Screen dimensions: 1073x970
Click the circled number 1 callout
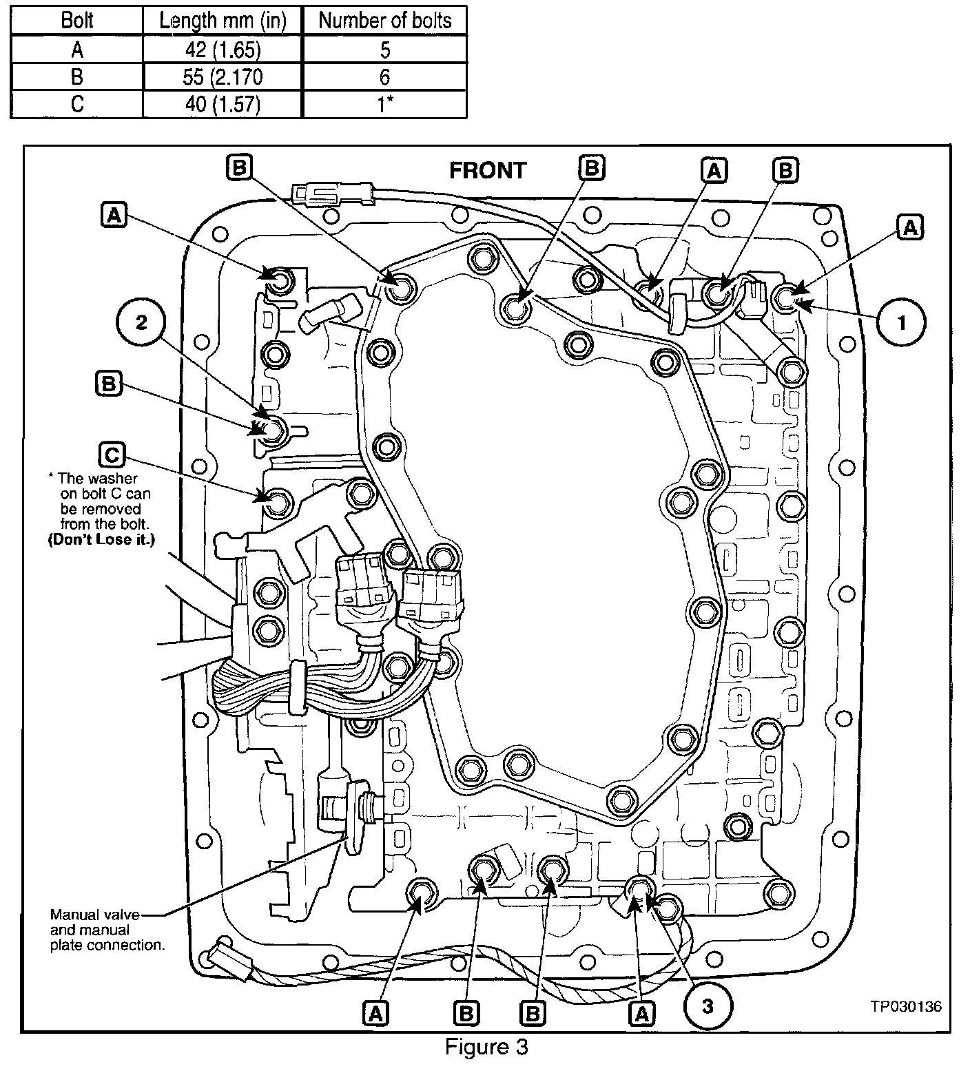point(902,322)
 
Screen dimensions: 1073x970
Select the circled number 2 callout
point(141,322)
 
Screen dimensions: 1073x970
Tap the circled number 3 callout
point(708,1006)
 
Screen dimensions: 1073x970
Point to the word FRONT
point(488,171)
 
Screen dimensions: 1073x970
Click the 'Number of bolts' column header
point(384,21)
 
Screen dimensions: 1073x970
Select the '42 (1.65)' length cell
point(222,50)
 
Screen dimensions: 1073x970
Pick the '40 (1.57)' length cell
point(222,104)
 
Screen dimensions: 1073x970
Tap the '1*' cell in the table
point(384,104)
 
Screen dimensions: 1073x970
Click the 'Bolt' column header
point(76,21)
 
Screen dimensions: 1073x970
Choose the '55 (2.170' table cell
point(222,76)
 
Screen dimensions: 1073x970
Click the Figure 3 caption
point(486,1047)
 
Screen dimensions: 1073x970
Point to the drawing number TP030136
point(905,1006)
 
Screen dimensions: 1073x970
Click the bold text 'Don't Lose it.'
point(101,540)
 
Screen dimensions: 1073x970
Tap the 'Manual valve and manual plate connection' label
point(107,930)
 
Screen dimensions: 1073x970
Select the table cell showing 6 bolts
point(384,76)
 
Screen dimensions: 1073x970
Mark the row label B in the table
point(76,76)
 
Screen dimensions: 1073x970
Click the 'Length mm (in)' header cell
point(222,21)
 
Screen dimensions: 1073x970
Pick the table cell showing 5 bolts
point(384,50)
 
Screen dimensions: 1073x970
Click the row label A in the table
point(76,50)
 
